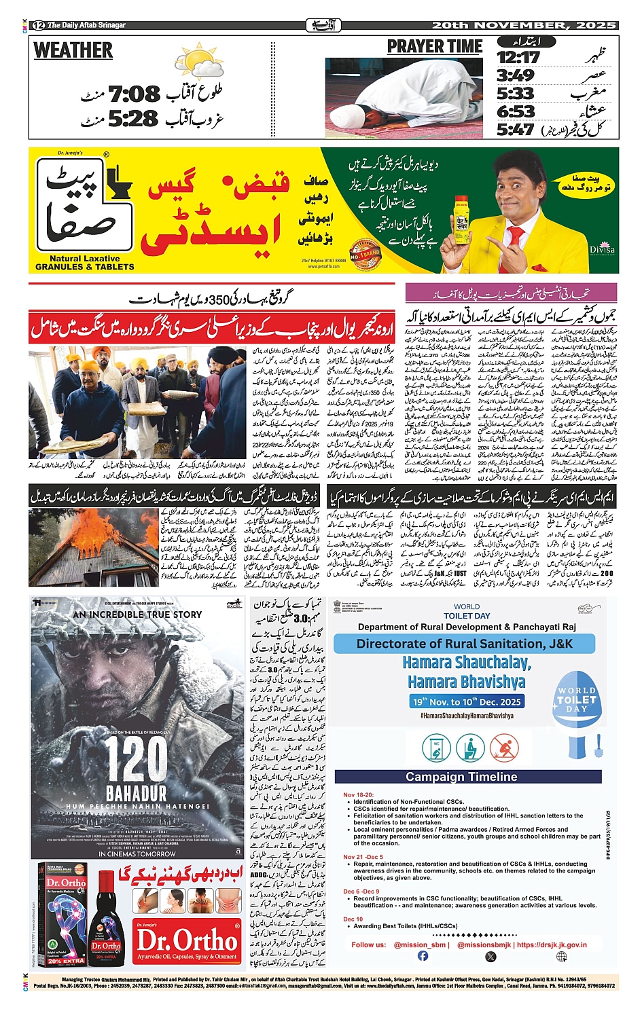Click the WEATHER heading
[73, 50]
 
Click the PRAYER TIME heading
[435, 47]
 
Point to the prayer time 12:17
[518, 57]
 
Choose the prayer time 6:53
[516, 111]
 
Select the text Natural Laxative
[84, 259]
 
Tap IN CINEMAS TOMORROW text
[137, 854]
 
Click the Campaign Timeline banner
[461, 777]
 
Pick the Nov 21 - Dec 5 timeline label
[363, 857]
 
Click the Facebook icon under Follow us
[423, 956]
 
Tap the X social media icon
[491, 956]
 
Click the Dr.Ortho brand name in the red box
[187, 940]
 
